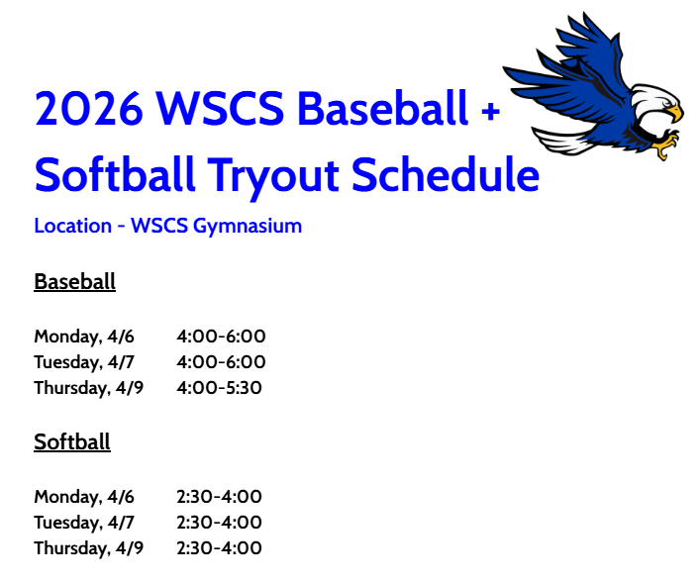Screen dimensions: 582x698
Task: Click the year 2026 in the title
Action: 85,109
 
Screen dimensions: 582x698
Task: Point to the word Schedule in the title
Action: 446,175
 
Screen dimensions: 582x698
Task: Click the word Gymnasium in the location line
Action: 247,227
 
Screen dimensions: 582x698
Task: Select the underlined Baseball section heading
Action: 74,282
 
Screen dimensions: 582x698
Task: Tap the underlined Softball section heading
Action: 72,442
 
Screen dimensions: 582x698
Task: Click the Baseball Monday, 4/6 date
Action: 84,337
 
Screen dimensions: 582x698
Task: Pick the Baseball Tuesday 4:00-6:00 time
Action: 221,362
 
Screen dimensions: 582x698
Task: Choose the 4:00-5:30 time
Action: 219,388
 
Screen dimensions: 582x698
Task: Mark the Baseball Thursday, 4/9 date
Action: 89,388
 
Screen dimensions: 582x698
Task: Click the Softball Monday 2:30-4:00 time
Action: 219,497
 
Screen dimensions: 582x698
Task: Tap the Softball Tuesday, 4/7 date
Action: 84,523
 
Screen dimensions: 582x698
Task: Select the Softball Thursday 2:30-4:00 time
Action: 219,548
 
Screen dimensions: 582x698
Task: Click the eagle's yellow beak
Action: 674,114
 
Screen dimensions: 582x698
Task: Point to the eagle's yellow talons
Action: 665,149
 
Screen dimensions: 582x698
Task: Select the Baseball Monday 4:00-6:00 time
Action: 221,337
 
